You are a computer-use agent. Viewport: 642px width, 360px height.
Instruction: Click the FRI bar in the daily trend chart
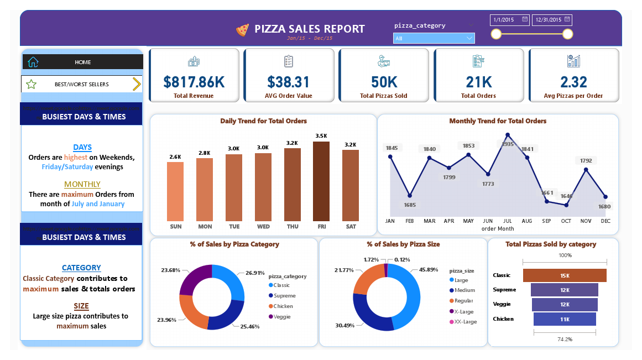[x=321, y=181]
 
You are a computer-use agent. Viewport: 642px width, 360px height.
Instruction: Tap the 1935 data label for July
[x=508, y=144]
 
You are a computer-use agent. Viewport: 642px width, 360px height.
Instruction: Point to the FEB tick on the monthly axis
[x=409, y=221]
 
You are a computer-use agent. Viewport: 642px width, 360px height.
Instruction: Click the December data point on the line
[x=606, y=197]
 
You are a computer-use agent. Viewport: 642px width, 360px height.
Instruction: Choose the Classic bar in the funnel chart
[x=565, y=275]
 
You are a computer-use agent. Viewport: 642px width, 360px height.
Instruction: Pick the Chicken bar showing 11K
[x=565, y=319]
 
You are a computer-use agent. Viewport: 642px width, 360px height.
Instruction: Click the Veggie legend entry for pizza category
[x=282, y=317]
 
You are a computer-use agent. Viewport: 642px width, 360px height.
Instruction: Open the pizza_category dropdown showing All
[x=434, y=38]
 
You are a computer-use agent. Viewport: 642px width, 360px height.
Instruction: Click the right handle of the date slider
[x=567, y=34]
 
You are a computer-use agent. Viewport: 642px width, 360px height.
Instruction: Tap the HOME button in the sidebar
[x=82, y=62]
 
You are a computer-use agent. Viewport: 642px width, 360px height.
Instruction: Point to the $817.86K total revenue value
[x=194, y=82]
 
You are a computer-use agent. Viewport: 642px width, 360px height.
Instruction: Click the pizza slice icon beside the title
[x=242, y=30]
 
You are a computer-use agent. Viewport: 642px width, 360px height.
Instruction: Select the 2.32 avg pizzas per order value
[x=573, y=82]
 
